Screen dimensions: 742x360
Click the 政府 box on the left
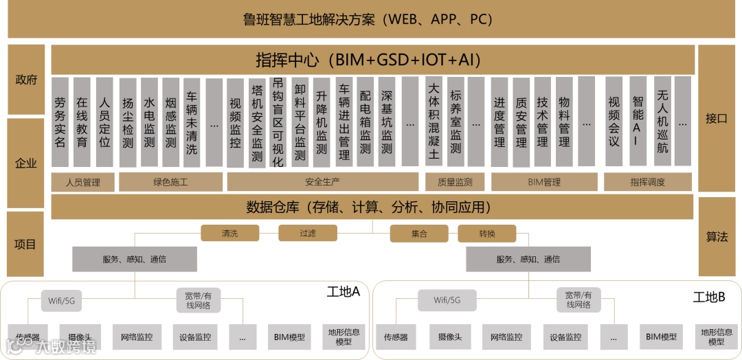click(x=26, y=80)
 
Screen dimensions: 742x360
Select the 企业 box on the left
click(x=26, y=164)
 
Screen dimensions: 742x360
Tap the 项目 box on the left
click(x=26, y=244)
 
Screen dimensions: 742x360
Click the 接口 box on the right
click(x=716, y=118)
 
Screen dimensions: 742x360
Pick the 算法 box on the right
click(x=716, y=236)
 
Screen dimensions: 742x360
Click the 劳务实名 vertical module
click(x=60, y=122)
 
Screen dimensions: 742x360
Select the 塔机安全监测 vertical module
click(x=257, y=122)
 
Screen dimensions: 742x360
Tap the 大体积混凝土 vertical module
click(x=434, y=122)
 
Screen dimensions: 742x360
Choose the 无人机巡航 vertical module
click(x=662, y=122)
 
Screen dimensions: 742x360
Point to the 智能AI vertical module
click(x=638, y=122)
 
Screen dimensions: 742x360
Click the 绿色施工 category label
click(x=170, y=182)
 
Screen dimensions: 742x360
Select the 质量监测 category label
click(x=454, y=182)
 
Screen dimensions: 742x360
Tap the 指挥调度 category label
click(x=648, y=182)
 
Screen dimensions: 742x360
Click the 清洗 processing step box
click(x=229, y=234)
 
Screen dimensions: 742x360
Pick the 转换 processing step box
click(x=487, y=234)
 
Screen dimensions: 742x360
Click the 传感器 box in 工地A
click(x=28, y=337)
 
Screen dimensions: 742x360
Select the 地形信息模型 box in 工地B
click(x=716, y=337)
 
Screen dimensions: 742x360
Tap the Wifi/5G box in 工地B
click(x=447, y=300)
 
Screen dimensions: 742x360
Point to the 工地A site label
click(x=343, y=292)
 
